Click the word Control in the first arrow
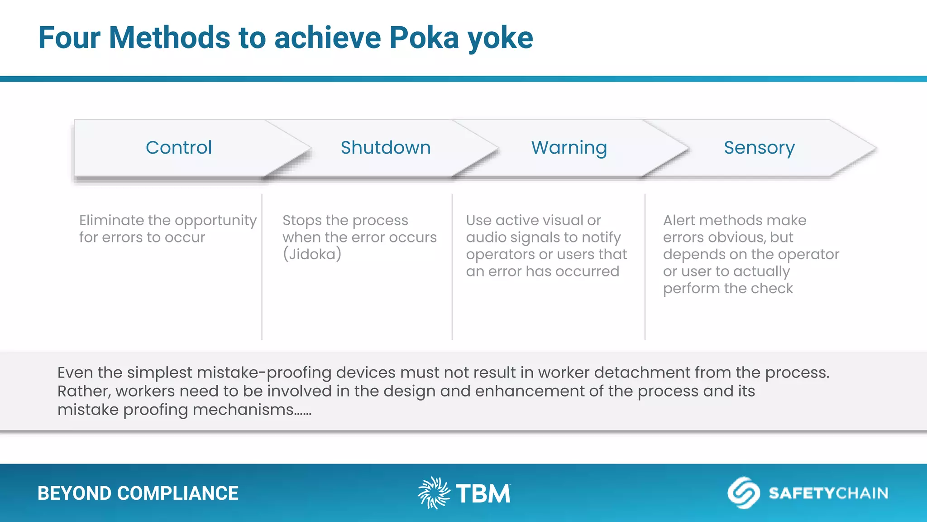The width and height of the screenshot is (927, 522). point(179,148)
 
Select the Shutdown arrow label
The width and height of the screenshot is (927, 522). point(386,148)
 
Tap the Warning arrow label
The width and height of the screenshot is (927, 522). point(569,148)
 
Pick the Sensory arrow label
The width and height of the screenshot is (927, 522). point(759,148)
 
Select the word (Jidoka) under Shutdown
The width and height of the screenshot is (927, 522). point(312,254)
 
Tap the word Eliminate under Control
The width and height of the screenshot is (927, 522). point(111,220)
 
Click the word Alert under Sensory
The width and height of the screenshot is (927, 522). point(679,220)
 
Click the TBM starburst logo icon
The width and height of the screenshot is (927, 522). point(434,493)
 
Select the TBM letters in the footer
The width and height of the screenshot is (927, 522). point(483,493)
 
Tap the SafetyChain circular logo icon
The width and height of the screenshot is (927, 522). point(743,493)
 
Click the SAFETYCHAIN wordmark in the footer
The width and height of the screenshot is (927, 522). point(828,493)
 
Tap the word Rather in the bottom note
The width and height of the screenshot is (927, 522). point(84,391)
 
